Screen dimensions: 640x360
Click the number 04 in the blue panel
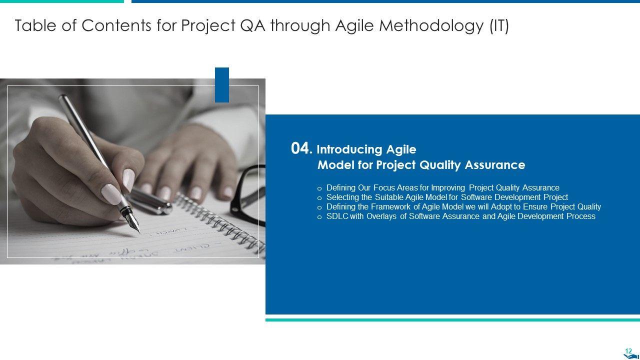click(x=300, y=148)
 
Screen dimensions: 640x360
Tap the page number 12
click(x=628, y=351)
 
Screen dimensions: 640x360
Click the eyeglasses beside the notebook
click(x=248, y=194)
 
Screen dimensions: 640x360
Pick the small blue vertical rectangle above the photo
click(x=222, y=85)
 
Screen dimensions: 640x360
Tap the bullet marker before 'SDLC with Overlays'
click(x=319, y=217)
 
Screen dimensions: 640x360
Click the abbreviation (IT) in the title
click(x=499, y=26)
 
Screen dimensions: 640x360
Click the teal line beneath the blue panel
click(x=452, y=320)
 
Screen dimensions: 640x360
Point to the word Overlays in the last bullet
click(x=381, y=216)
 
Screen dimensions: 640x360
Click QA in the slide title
click(x=253, y=25)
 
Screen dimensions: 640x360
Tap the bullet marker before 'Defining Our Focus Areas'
click(x=319, y=188)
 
